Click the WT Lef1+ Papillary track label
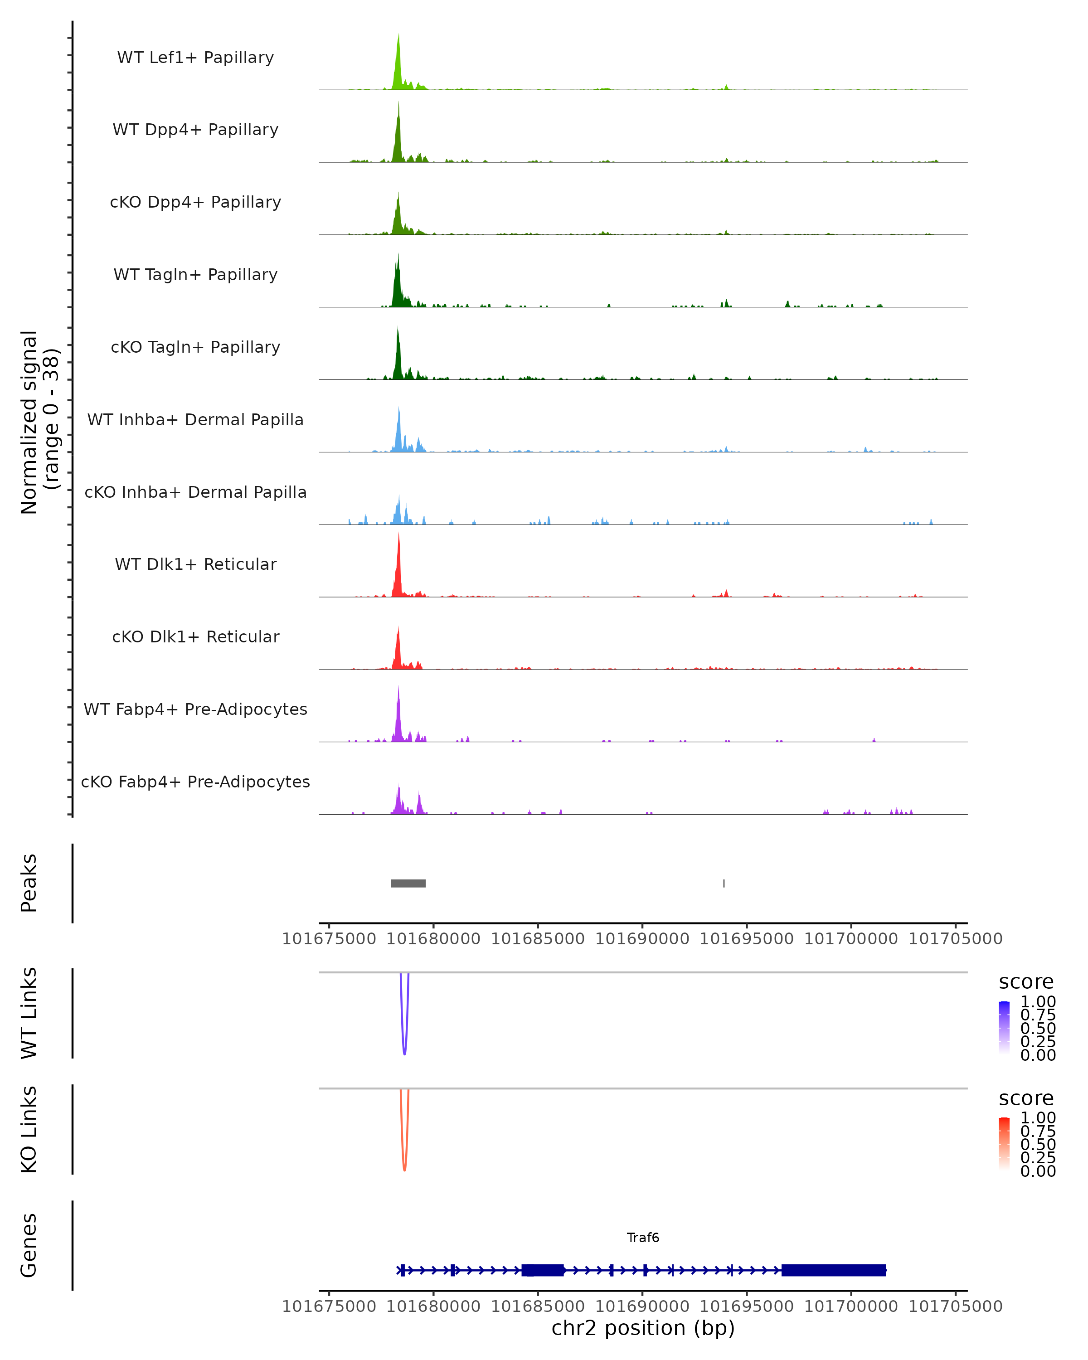click(x=195, y=58)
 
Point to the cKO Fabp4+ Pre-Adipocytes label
click(x=195, y=782)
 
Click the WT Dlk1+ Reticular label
click(x=195, y=564)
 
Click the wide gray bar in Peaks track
click(x=408, y=883)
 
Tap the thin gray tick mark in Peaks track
click(x=724, y=883)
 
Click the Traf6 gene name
click(x=643, y=1238)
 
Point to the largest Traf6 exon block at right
click(x=833, y=1270)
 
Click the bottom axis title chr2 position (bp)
click(x=643, y=1328)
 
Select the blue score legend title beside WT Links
click(x=1025, y=981)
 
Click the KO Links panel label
click(x=29, y=1129)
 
